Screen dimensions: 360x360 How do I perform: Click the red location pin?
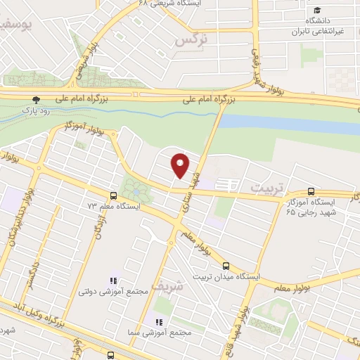coord(181,165)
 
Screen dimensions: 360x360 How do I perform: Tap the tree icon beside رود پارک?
coord(37,100)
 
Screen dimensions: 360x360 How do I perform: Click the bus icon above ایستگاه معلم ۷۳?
coord(112,195)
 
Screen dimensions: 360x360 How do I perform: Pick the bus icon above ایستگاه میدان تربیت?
coord(226,266)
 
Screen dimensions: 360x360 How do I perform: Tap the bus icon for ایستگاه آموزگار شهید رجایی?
coord(311,191)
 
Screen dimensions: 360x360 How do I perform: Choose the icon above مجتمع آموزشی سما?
coord(159,323)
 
